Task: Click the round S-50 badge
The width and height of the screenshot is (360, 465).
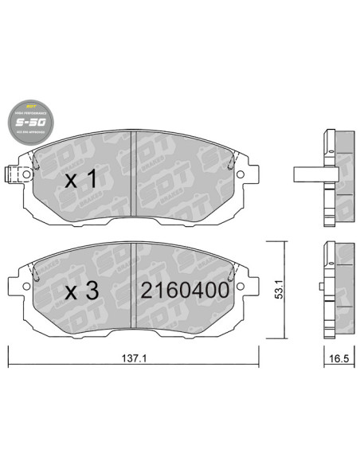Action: point(31,123)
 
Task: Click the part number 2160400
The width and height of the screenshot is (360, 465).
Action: point(185,291)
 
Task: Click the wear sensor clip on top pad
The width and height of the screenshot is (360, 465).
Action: point(11,173)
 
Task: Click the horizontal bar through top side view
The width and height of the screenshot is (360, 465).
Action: point(308,173)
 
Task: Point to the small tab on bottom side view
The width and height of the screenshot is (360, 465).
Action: point(320,283)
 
